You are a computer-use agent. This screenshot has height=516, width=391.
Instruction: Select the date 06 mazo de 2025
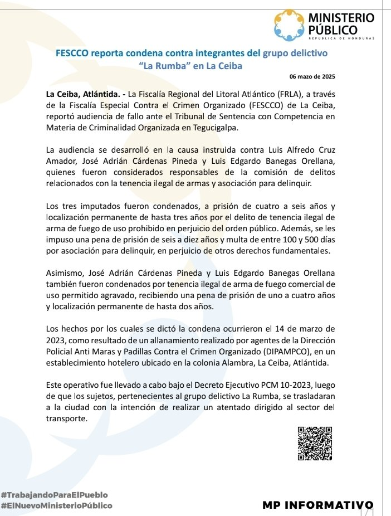pos(312,76)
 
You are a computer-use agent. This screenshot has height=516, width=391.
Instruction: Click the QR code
pos(315,443)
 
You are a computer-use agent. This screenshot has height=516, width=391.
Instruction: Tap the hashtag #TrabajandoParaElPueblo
pos(55,495)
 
